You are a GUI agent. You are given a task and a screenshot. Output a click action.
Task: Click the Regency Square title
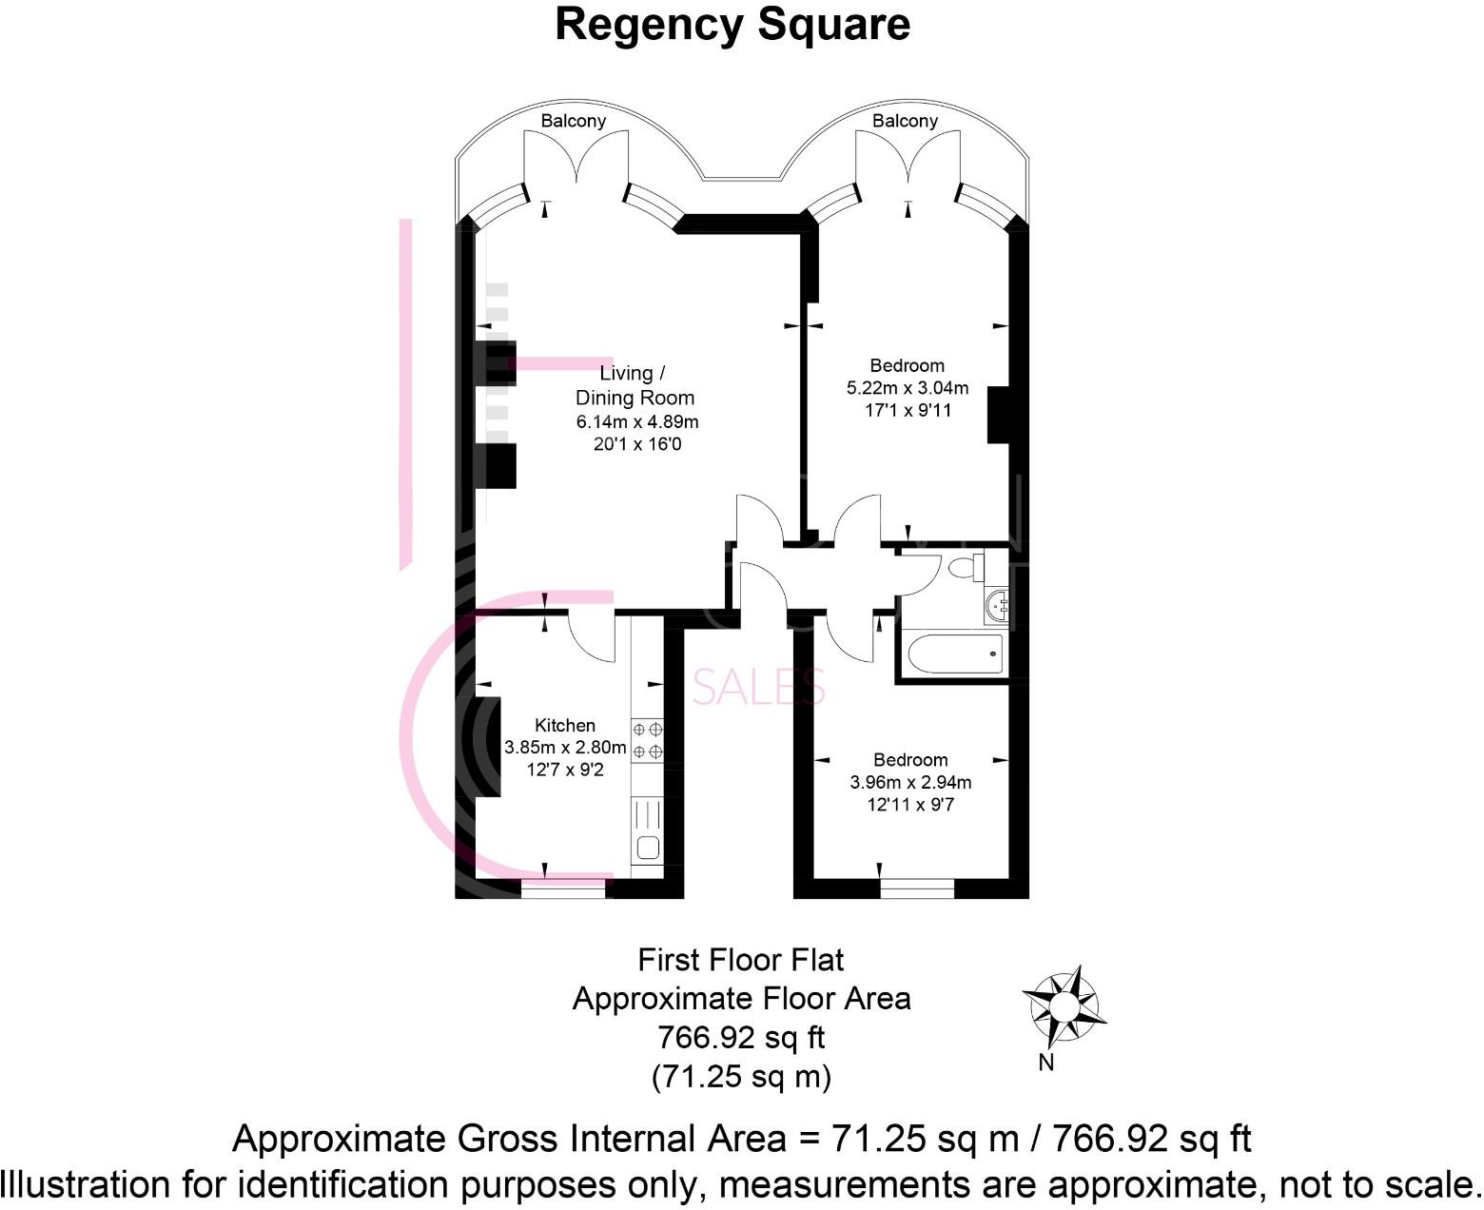732,25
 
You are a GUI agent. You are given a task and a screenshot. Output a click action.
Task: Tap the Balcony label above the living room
573,121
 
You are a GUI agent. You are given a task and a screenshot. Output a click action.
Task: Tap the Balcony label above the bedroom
905,121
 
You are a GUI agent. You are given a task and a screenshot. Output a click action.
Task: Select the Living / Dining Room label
635,385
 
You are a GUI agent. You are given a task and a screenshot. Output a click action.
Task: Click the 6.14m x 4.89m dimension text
637,421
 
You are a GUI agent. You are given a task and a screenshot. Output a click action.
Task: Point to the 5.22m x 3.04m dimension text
908,388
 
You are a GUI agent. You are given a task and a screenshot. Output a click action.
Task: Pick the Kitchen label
565,725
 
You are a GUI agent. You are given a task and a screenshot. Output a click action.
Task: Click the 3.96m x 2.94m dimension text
910,783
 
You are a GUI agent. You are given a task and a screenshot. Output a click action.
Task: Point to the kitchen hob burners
647,740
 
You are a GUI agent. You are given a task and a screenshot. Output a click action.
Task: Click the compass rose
1064,1005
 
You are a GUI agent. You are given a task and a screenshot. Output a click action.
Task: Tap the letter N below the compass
1046,1063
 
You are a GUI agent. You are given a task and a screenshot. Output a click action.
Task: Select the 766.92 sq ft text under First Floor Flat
742,1037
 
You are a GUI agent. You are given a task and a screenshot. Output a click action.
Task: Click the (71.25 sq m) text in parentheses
742,1076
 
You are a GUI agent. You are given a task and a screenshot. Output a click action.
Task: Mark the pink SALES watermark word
758,687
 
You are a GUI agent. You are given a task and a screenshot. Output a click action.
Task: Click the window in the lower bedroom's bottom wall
917,888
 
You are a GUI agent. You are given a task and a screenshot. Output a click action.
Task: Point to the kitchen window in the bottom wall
563,888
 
